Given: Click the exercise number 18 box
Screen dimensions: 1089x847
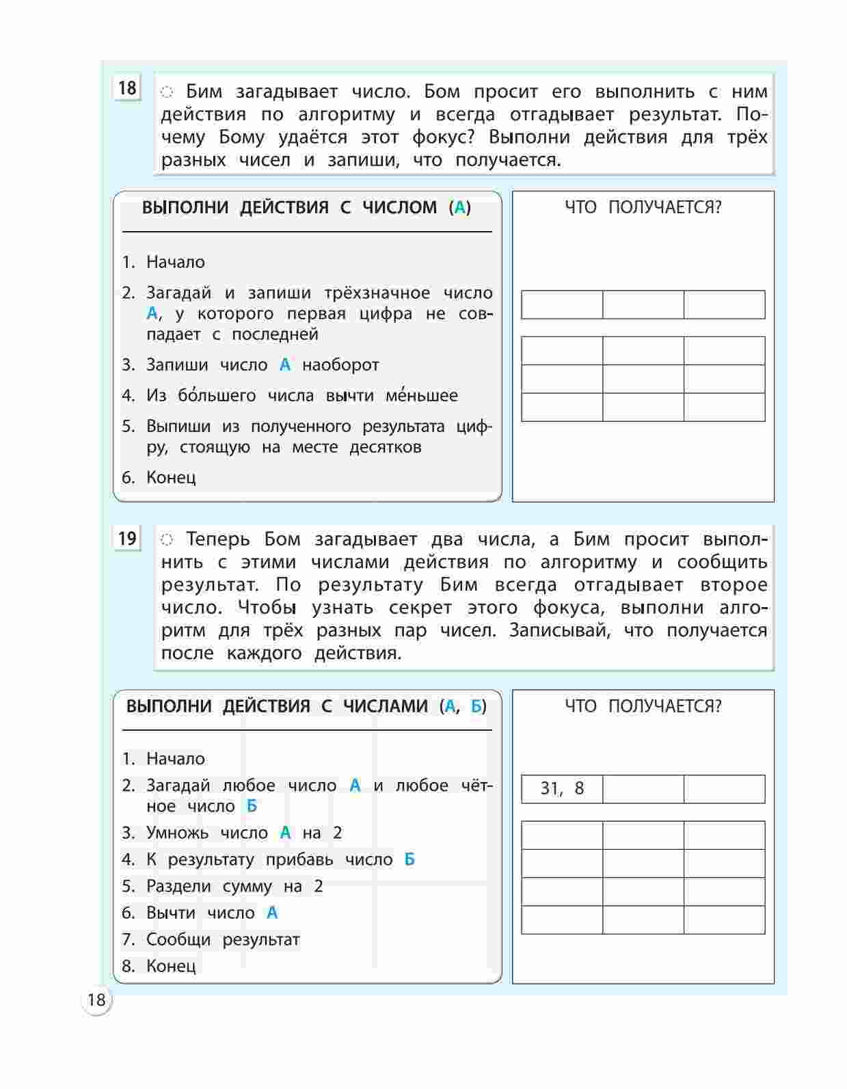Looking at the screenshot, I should tap(127, 88).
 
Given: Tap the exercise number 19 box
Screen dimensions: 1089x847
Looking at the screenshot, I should tap(127, 539).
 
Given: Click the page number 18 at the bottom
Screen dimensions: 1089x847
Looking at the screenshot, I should tap(96, 1000).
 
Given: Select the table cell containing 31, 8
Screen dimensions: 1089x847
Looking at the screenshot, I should tap(562, 789).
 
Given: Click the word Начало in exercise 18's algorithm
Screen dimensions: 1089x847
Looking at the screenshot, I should tap(176, 263).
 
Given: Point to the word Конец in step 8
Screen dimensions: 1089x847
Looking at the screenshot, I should tap(171, 966).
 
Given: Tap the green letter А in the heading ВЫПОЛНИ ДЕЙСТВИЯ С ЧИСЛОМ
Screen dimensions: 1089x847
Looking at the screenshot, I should tap(460, 208).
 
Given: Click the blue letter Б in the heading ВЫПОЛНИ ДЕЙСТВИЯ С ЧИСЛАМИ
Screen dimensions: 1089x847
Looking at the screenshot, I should tap(476, 706).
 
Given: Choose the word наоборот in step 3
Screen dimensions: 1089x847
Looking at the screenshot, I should tap(340, 365).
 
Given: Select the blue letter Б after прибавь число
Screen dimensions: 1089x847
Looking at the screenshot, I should tap(409, 859).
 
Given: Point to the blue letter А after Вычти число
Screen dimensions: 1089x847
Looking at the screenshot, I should tap(272, 913).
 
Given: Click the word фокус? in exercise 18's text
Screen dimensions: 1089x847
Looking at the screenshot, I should tap(444, 137).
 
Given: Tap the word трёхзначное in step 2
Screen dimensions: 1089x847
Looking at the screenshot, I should tap(377, 293).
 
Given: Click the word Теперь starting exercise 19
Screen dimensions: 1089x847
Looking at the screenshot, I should tap(218, 539).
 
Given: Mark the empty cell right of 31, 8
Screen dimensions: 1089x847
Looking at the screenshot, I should tap(643, 789).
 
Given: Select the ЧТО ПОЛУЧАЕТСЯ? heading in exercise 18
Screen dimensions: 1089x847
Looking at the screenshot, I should tap(643, 208).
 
